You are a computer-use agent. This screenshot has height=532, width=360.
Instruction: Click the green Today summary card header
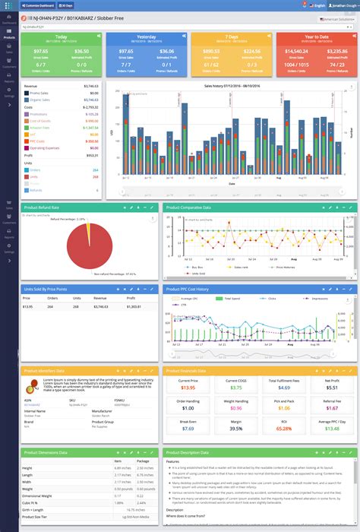[61, 36]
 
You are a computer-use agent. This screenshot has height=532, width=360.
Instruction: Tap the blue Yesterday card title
[147, 36]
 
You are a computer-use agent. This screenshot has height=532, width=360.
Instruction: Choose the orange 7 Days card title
[232, 36]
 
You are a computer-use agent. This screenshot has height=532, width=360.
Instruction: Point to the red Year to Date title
[317, 36]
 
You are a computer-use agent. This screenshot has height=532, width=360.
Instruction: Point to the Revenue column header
[100, 299]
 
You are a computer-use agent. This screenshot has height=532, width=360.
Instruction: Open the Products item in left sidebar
[8, 35]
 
